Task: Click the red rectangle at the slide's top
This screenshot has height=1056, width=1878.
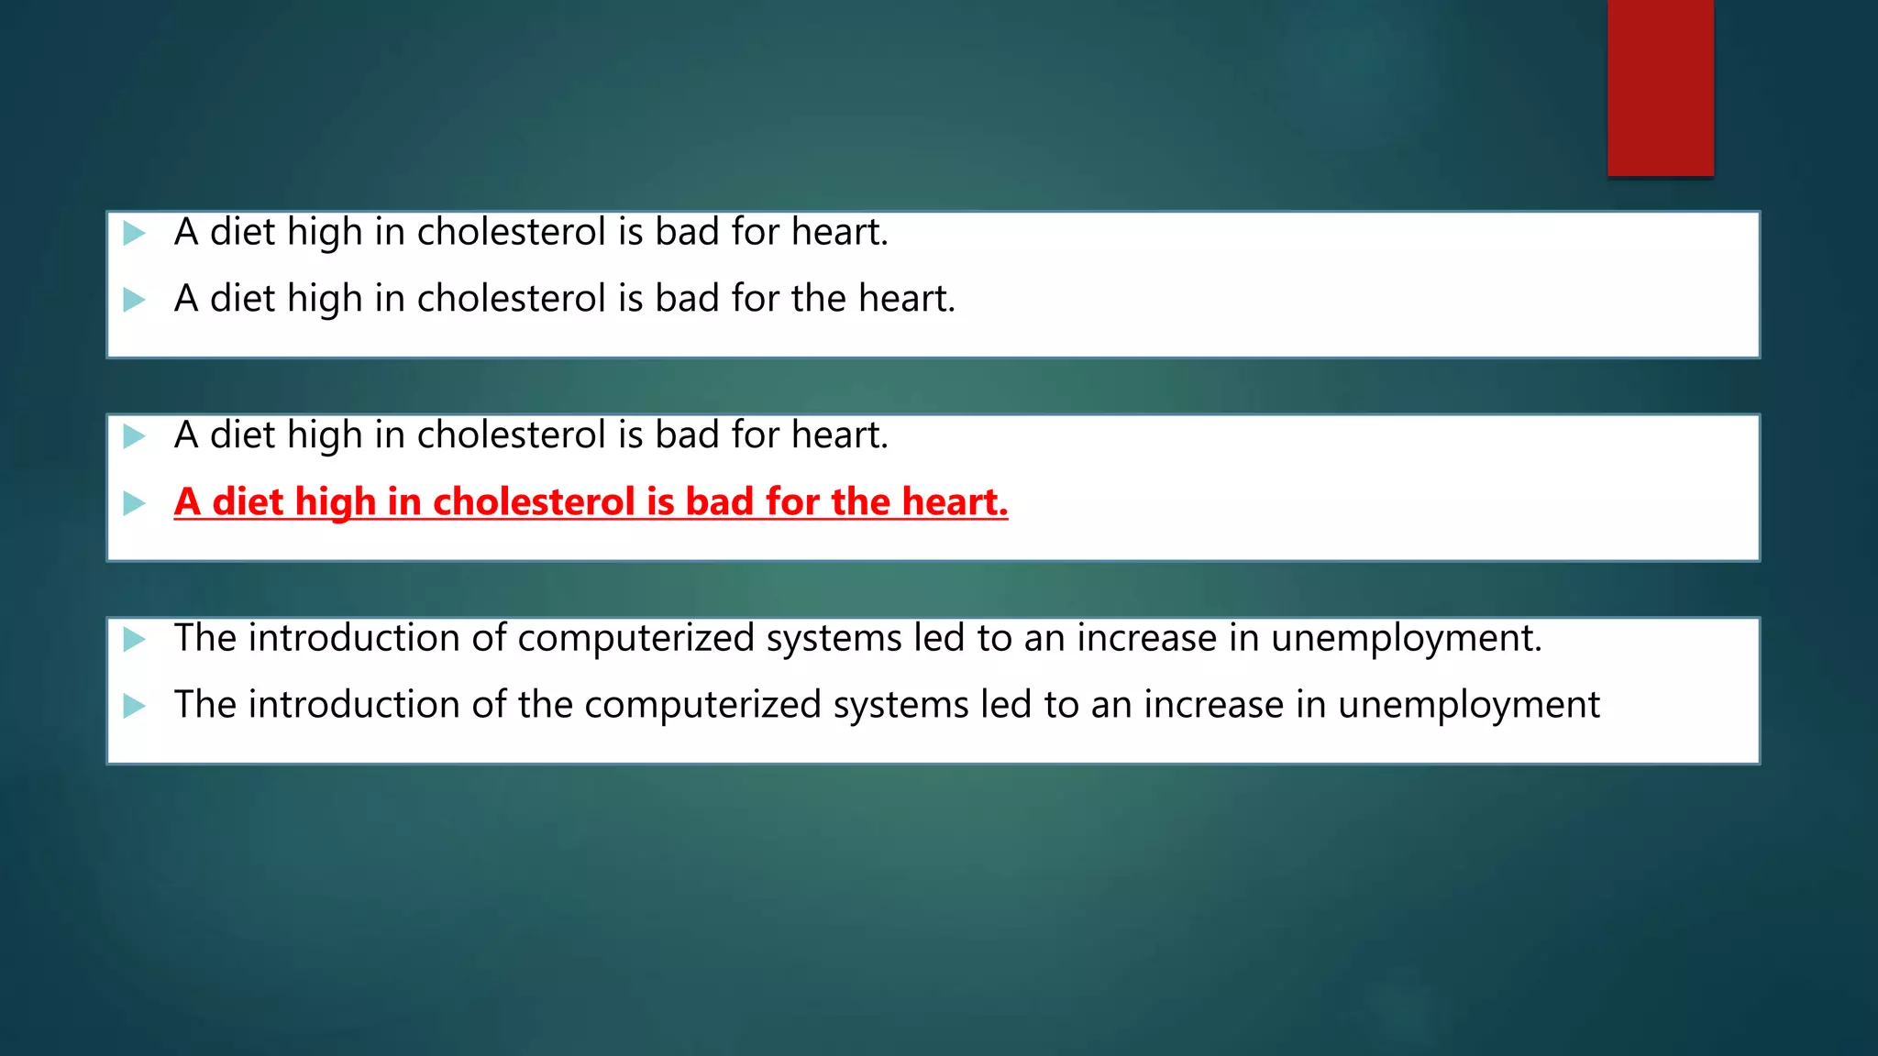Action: point(1660,87)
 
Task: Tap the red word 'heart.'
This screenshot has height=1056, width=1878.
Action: point(955,501)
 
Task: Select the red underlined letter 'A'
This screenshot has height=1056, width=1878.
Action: point(187,501)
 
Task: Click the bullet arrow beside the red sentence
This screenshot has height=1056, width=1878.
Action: point(135,502)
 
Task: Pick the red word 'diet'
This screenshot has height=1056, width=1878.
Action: point(248,501)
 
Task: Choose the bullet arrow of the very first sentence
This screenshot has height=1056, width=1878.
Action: point(135,233)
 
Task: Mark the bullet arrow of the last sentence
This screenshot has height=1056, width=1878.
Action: point(135,706)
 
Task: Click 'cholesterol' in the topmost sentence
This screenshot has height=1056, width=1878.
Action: point(512,232)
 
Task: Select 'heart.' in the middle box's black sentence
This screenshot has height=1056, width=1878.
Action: point(840,434)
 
